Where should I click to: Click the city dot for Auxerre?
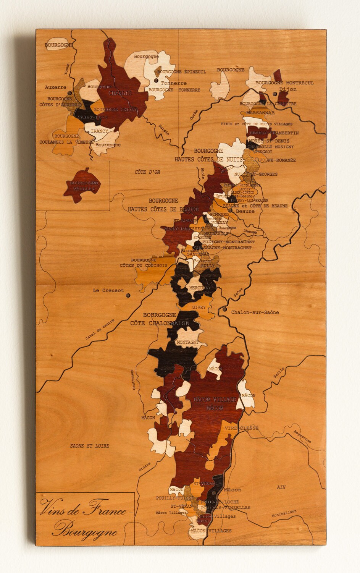69,93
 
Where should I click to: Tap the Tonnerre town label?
174,83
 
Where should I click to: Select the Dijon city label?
287,89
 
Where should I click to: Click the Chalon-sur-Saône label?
255,312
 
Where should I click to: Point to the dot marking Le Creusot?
128,295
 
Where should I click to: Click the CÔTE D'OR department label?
147,172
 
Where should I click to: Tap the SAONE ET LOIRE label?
90,445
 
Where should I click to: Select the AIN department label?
281,487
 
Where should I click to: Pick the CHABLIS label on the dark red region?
120,93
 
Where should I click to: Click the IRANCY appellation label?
99,131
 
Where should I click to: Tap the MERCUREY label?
200,288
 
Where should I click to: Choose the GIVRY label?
199,307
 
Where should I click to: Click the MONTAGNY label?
187,342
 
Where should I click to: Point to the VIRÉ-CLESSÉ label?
241,428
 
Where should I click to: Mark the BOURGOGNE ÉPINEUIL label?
182,72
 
